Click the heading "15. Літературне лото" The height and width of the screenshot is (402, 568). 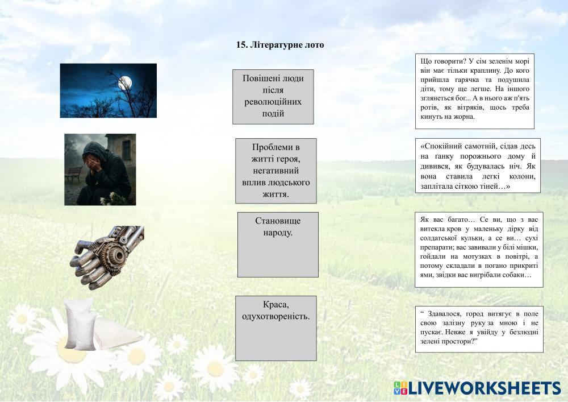280,45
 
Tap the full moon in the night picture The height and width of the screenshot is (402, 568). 125,82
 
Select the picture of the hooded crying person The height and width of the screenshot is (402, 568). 100,169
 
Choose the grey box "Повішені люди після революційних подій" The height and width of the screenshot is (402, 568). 273,97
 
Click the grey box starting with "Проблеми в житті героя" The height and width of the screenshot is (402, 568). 276,171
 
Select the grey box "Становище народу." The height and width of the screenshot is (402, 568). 278,244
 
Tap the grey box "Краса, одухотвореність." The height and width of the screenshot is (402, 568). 276,329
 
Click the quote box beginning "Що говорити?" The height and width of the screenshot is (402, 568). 475,92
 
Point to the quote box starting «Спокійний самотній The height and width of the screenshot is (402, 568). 478,165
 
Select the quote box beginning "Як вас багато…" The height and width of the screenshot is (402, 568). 479,250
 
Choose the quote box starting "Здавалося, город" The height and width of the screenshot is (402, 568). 479,329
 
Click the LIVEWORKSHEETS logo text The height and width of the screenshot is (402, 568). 485,388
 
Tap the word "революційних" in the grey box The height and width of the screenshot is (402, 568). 273,102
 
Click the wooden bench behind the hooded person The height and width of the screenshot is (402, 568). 73,175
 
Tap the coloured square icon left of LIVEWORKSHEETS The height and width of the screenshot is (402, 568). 400,388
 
